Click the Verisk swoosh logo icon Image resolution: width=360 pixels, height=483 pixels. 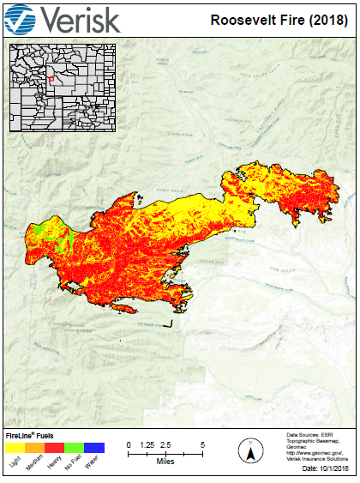[x=21, y=19]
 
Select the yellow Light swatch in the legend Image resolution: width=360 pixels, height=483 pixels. [x=15, y=447]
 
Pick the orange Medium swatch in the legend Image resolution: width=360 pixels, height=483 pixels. [x=35, y=447]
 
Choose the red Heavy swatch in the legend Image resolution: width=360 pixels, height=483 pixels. [x=55, y=447]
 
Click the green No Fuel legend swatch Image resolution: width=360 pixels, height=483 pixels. [x=75, y=447]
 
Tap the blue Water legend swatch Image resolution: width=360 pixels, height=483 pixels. [x=94, y=447]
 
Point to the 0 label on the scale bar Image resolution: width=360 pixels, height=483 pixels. [x=129, y=444]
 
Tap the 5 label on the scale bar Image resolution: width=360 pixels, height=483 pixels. [x=202, y=444]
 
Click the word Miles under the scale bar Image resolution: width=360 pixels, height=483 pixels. [x=165, y=462]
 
